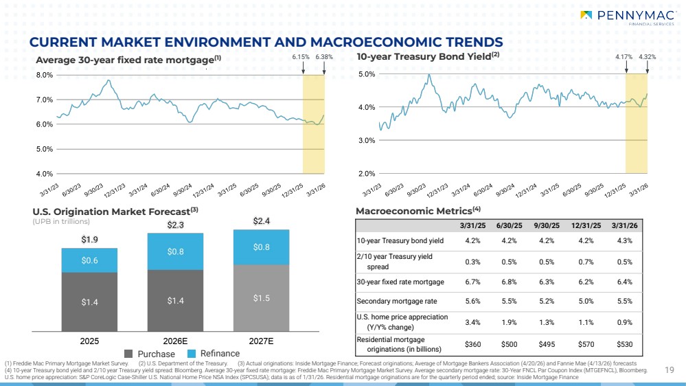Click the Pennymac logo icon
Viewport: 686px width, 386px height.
[x=586, y=15]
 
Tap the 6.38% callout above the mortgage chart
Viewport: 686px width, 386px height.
[x=323, y=57]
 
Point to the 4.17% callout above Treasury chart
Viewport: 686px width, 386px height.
[x=624, y=57]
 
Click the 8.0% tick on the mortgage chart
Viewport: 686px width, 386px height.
[x=44, y=75]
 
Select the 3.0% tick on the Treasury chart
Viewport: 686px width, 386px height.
[x=367, y=141]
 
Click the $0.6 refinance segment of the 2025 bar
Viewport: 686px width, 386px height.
[x=89, y=260]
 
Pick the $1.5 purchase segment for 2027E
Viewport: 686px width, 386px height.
[x=261, y=298]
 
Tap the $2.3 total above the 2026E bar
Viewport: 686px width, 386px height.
[x=175, y=225]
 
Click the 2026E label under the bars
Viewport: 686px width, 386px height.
[x=175, y=341]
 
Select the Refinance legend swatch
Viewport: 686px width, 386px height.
[x=191, y=354]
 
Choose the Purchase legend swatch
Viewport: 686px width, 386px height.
[x=128, y=354]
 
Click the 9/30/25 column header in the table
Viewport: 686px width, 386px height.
[x=547, y=226]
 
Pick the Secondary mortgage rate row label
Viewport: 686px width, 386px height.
[x=397, y=301]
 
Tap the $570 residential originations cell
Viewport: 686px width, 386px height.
[x=586, y=344]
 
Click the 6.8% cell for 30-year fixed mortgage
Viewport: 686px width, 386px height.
[x=510, y=282]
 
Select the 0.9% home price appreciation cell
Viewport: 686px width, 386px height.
[x=625, y=322]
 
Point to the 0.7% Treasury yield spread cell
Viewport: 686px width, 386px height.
[x=586, y=262]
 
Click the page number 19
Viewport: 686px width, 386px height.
[x=670, y=370]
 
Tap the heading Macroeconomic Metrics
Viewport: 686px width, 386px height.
[x=414, y=212]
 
